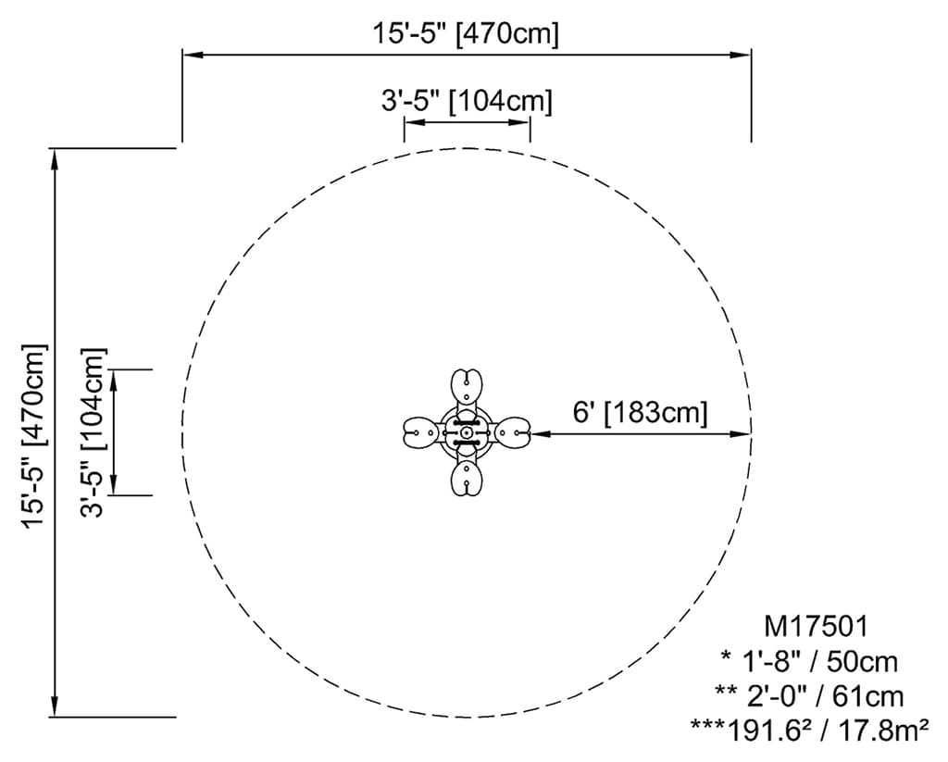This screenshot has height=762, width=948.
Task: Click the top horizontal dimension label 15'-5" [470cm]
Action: tap(465, 33)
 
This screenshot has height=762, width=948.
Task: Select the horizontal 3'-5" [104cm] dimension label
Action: tap(467, 101)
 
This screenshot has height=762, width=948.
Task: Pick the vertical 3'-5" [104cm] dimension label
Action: tap(93, 432)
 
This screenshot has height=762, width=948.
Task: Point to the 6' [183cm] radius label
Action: tap(640, 413)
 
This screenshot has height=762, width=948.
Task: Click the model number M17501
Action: tap(816, 627)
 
